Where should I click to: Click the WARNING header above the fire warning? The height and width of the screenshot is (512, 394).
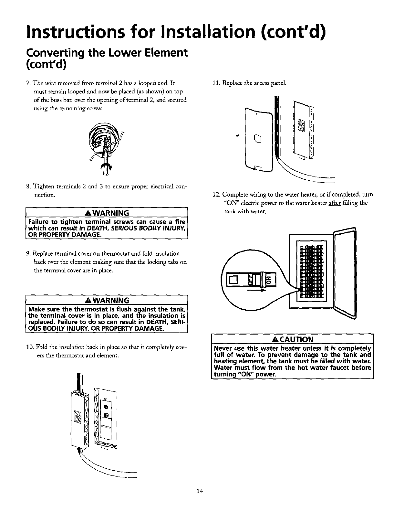(x=110, y=213)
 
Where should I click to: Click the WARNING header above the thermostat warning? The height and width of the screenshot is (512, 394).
(x=110, y=300)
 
